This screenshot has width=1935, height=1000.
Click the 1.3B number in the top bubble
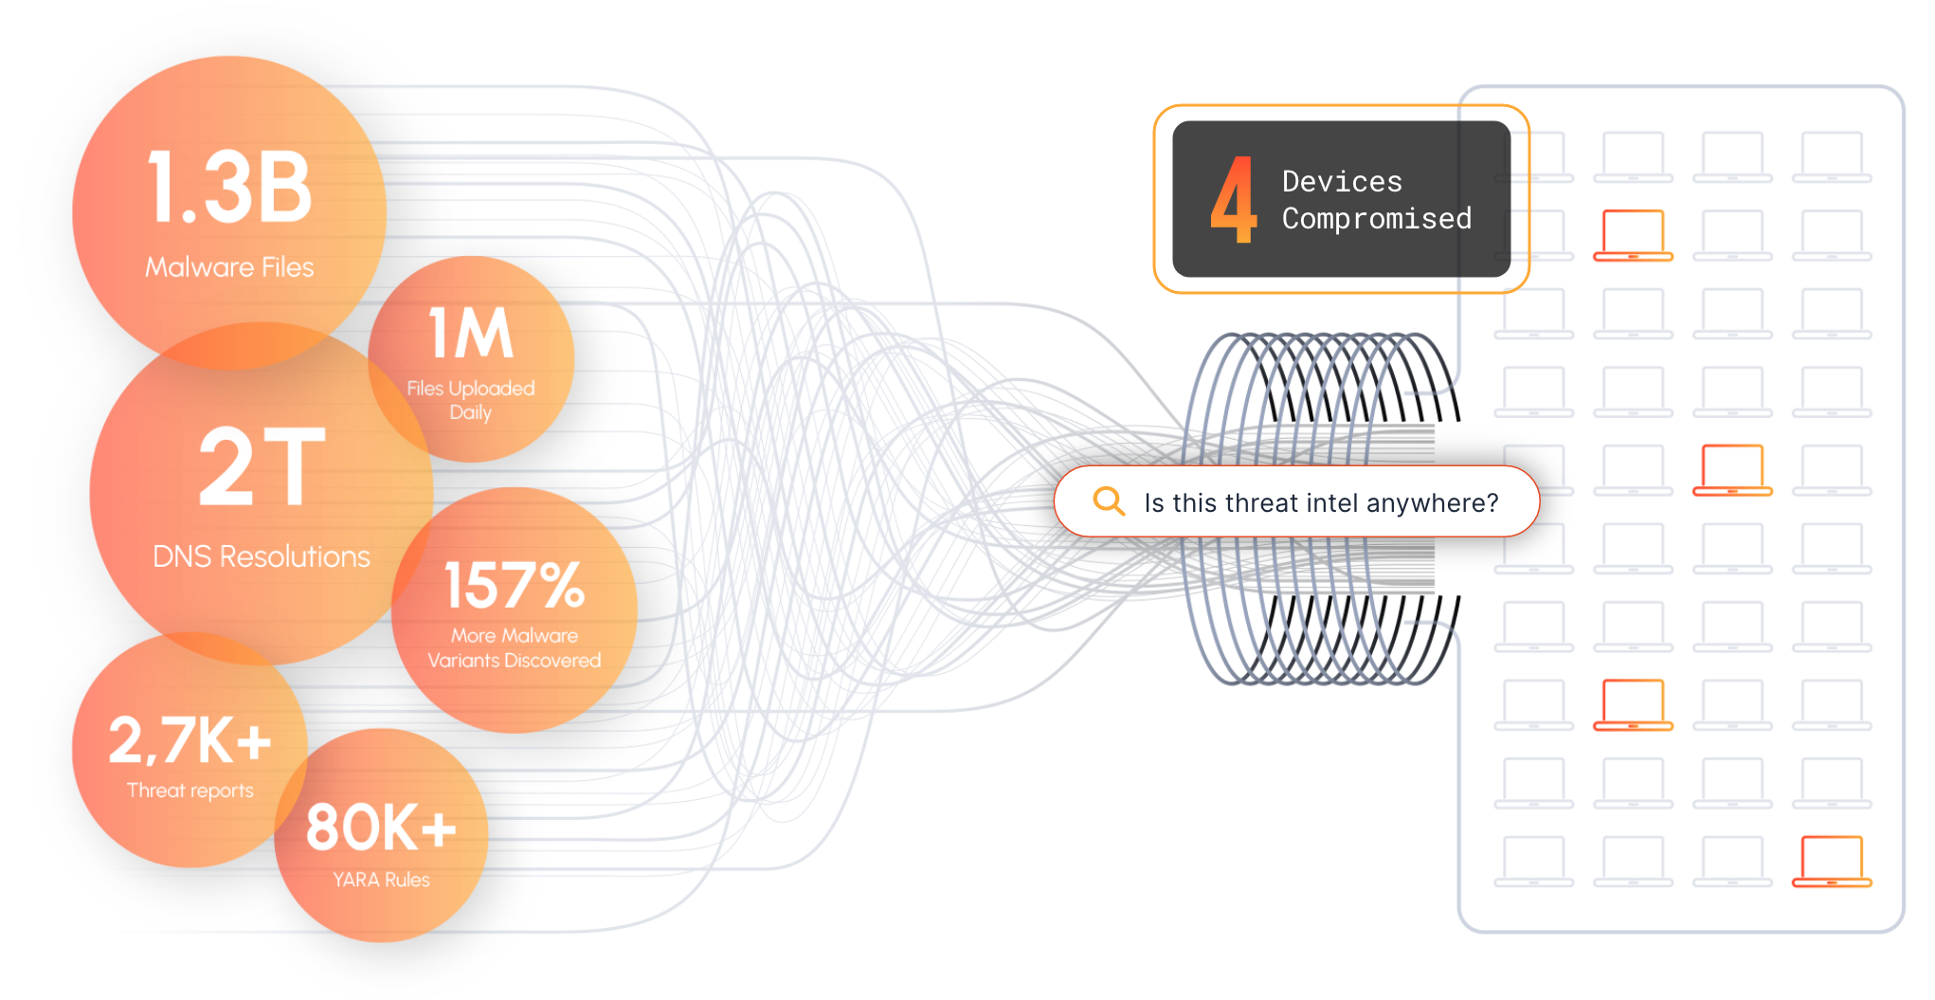(x=229, y=188)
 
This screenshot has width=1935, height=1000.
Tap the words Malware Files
(x=229, y=267)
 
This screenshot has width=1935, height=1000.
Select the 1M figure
(x=471, y=333)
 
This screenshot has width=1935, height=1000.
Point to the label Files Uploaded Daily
(x=471, y=400)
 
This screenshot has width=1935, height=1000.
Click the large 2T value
(x=262, y=466)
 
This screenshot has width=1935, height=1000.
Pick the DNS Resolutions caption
(x=262, y=556)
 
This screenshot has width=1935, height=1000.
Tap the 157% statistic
(x=515, y=585)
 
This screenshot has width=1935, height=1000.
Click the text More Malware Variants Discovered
(x=515, y=647)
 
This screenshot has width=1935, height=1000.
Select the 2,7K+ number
(x=190, y=740)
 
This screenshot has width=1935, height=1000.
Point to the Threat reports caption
(x=190, y=791)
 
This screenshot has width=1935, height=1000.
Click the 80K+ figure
(x=381, y=827)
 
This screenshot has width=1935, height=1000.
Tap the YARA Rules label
(x=381, y=880)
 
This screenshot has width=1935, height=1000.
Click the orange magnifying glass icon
(x=1108, y=500)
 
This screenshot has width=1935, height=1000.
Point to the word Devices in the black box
(x=1342, y=181)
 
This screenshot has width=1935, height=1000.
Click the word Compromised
(x=1377, y=219)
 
